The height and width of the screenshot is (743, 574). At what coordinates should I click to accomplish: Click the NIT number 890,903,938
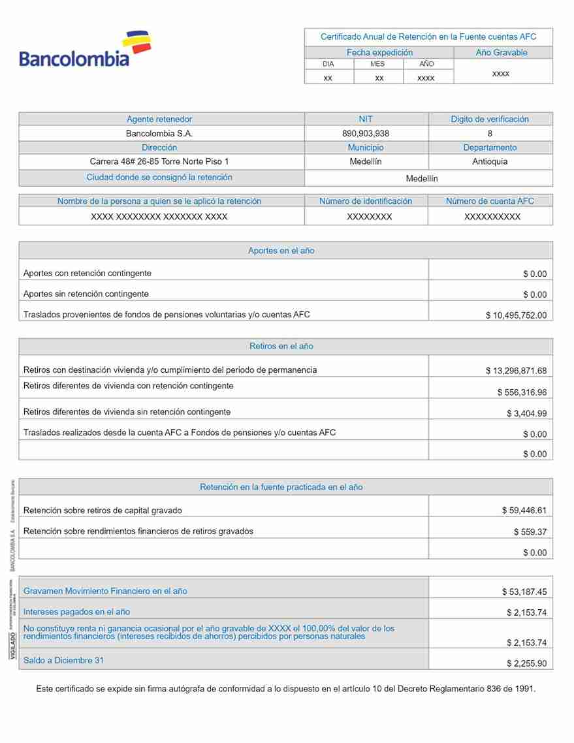click(x=366, y=133)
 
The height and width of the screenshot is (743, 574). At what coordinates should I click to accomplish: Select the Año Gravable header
click(x=501, y=53)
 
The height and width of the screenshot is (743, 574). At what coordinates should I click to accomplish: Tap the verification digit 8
click(x=490, y=133)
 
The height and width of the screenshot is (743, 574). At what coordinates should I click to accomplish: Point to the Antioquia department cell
click(x=490, y=161)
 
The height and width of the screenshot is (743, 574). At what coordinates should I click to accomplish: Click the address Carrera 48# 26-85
click(x=159, y=161)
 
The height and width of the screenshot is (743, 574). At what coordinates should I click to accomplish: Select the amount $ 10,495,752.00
click(x=516, y=315)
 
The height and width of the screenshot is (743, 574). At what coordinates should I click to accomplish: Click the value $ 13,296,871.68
click(x=516, y=371)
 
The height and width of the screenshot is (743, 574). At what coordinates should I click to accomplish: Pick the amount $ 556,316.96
click(x=522, y=392)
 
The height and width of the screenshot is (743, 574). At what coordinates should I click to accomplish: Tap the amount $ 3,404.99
click(x=526, y=413)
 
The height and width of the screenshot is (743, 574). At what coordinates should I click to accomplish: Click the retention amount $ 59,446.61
click(x=524, y=511)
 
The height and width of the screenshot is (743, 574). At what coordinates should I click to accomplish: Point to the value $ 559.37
click(x=530, y=532)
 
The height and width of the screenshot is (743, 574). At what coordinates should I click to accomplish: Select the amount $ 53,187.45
click(x=524, y=592)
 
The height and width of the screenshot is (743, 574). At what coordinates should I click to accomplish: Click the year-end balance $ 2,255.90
click(x=526, y=663)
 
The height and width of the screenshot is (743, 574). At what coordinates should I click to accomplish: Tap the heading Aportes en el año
click(x=281, y=251)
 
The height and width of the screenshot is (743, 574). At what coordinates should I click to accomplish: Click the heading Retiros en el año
click(x=281, y=346)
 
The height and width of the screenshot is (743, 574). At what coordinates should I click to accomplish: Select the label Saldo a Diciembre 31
click(x=63, y=660)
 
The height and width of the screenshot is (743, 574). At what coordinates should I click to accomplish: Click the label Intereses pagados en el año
click(x=76, y=612)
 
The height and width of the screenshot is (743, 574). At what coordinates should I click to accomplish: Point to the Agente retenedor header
click(x=159, y=119)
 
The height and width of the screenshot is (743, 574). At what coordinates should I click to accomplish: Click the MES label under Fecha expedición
click(x=377, y=64)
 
